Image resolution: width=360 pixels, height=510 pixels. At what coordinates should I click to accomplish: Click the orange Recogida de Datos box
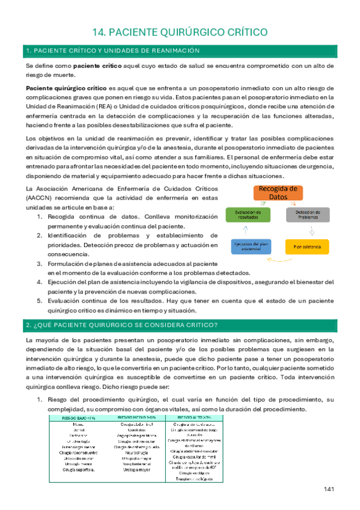[x=277, y=193]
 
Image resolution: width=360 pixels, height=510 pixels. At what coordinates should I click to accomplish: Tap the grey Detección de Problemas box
[x=308, y=215]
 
